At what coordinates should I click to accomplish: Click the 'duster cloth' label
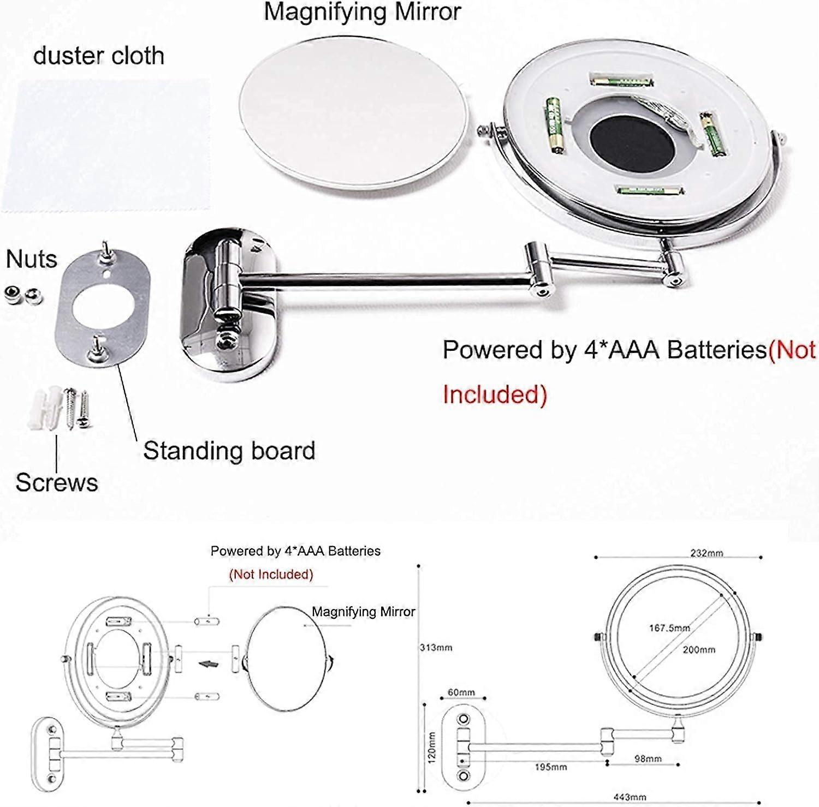(98, 56)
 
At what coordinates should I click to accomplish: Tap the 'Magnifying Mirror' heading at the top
(363, 12)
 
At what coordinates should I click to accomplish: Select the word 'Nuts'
(31, 259)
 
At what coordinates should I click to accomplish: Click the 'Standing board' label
(229, 451)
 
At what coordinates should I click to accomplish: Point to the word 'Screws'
(57, 482)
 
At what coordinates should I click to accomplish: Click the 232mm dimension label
(707, 553)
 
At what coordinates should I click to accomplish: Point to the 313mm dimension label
(436, 648)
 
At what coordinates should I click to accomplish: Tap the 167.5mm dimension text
(669, 628)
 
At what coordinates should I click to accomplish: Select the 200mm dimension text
(699, 650)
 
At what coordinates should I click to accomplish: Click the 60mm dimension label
(461, 692)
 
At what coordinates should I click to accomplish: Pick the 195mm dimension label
(550, 767)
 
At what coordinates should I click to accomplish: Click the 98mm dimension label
(648, 759)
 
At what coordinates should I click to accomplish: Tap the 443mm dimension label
(630, 797)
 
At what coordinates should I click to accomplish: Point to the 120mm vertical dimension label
(431, 747)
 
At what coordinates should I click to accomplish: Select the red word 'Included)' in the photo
(495, 394)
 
